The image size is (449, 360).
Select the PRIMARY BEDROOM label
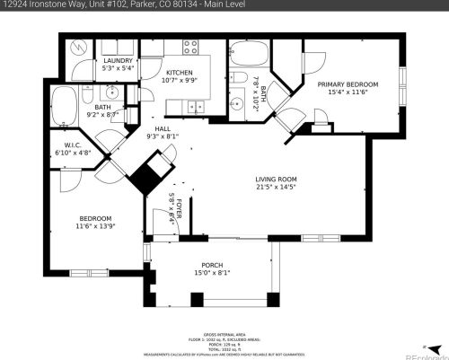click(348, 83)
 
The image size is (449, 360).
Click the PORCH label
click(212, 264)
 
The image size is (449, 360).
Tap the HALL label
click(163, 128)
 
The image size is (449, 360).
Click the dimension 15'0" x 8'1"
click(212, 273)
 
